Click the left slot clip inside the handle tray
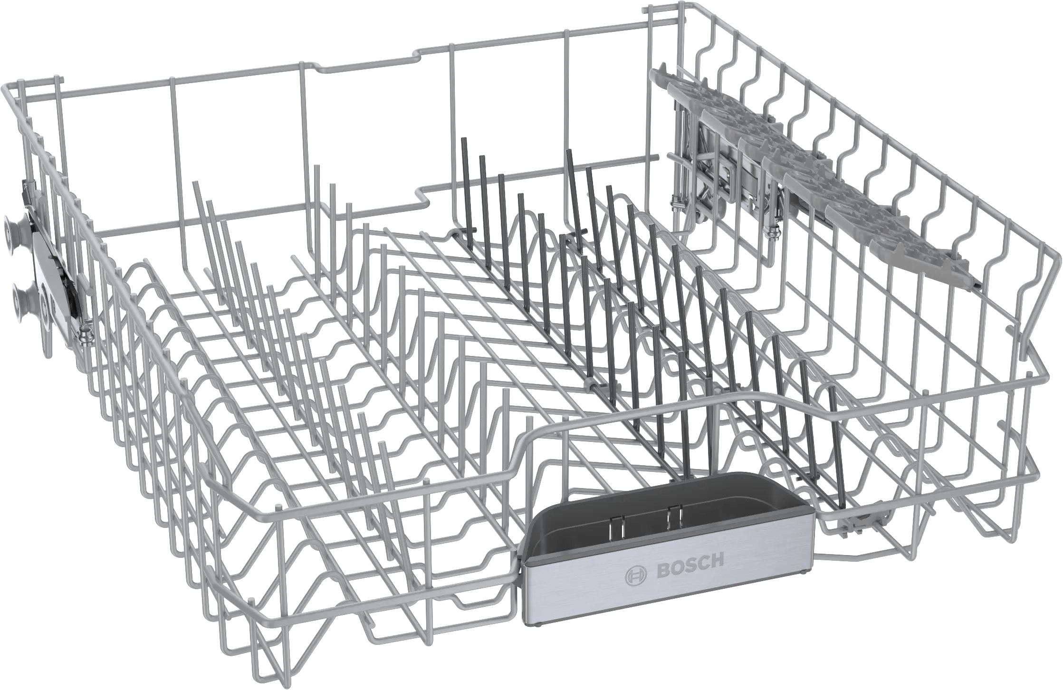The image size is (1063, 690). pos(612,521)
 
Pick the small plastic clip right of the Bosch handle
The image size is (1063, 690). pos(851,520)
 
